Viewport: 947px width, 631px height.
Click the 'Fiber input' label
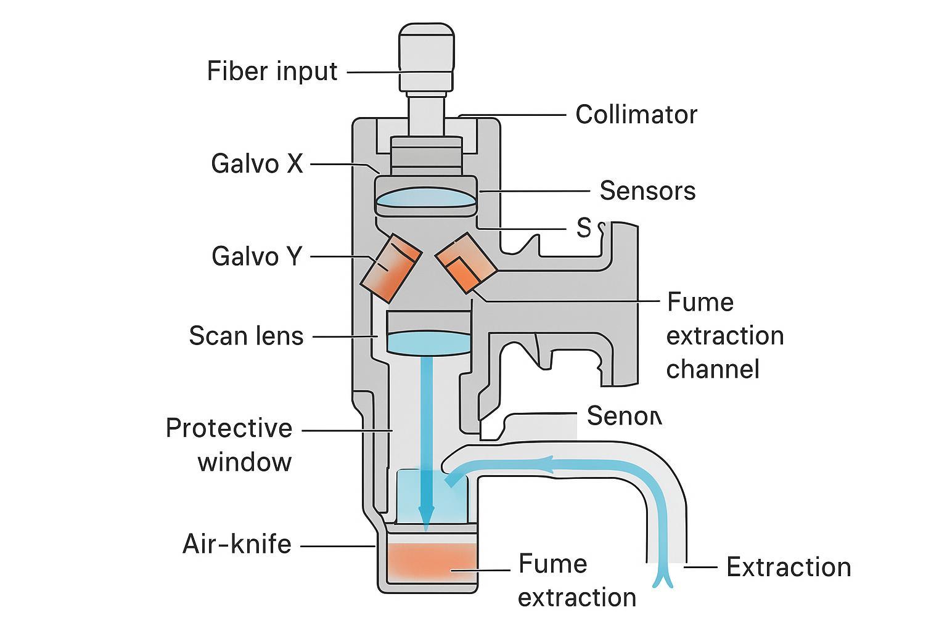click(x=272, y=71)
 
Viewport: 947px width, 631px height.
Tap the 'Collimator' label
click(x=636, y=115)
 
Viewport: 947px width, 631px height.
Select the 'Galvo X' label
click(x=257, y=164)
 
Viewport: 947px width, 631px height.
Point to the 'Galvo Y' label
click(x=257, y=256)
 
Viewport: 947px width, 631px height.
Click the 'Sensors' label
click(x=647, y=191)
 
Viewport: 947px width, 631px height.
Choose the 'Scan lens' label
click(x=246, y=336)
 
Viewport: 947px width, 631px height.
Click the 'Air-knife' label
click(x=237, y=544)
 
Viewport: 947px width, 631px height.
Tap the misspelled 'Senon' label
click(x=623, y=416)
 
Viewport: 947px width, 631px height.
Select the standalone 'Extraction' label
click(x=788, y=567)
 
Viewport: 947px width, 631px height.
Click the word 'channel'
click(x=712, y=369)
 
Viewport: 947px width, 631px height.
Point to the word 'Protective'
click(x=229, y=428)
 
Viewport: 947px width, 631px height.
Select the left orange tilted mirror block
click(x=390, y=268)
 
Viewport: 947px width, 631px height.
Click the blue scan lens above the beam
click(x=428, y=343)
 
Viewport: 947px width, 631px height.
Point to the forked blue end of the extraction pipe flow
click(x=663, y=579)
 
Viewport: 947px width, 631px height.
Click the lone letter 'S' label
click(x=583, y=229)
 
